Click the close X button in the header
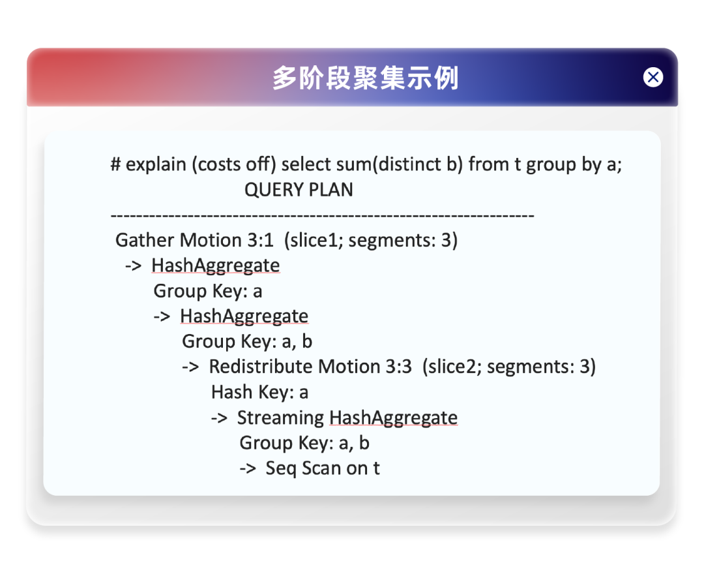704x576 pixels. pyautogui.click(x=653, y=77)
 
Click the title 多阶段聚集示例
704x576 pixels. pyautogui.click(x=366, y=78)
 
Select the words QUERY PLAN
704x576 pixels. pyautogui.click(x=299, y=190)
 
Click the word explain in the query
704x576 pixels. pyautogui.click(x=156, y=165)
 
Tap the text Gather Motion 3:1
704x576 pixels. pyautogui.click(x=194, y=240)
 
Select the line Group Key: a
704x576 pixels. pyautogui.click(x=208, y=291)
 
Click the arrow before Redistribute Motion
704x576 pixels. pyautogui.click(x=190, y=367)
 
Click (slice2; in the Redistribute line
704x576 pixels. pyautogui.click(x=452, y=367)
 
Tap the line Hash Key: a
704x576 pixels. pyautogui.click(x=259, y=392)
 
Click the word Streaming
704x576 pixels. pyautogui.click(x=280, y=418)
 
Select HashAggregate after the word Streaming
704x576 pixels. pyautogui.click(x=393, y=418)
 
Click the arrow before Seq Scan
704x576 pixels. pyautogui.click(x=248, y=468)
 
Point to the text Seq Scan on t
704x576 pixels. pyautogui.click(x=323, y=468)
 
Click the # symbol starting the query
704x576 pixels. pyautogui.click(x=115, y=164)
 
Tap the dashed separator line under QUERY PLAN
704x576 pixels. pyautogui.click(x=323, y=216)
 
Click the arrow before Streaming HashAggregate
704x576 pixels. pyautogui.click(x=219, y=418)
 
